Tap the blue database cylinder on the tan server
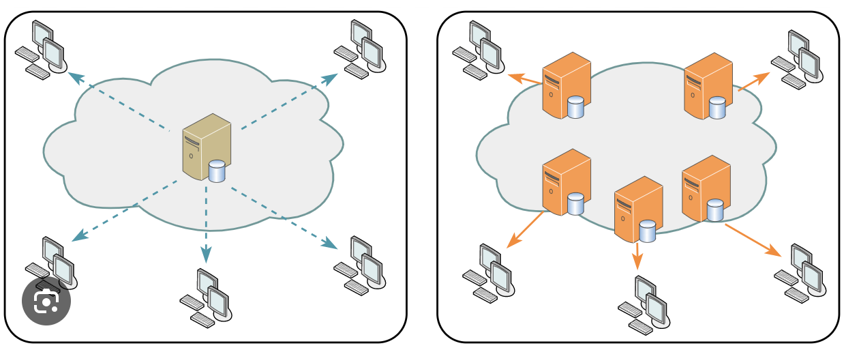tap(217, 171)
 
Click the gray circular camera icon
tap(46, 300)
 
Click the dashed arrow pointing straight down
tap(206, 225)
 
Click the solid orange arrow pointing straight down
tap(637, 256)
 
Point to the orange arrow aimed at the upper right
tap(753, 81)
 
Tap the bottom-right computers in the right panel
tap(800, 273)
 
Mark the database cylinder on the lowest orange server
tap(647, 231)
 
